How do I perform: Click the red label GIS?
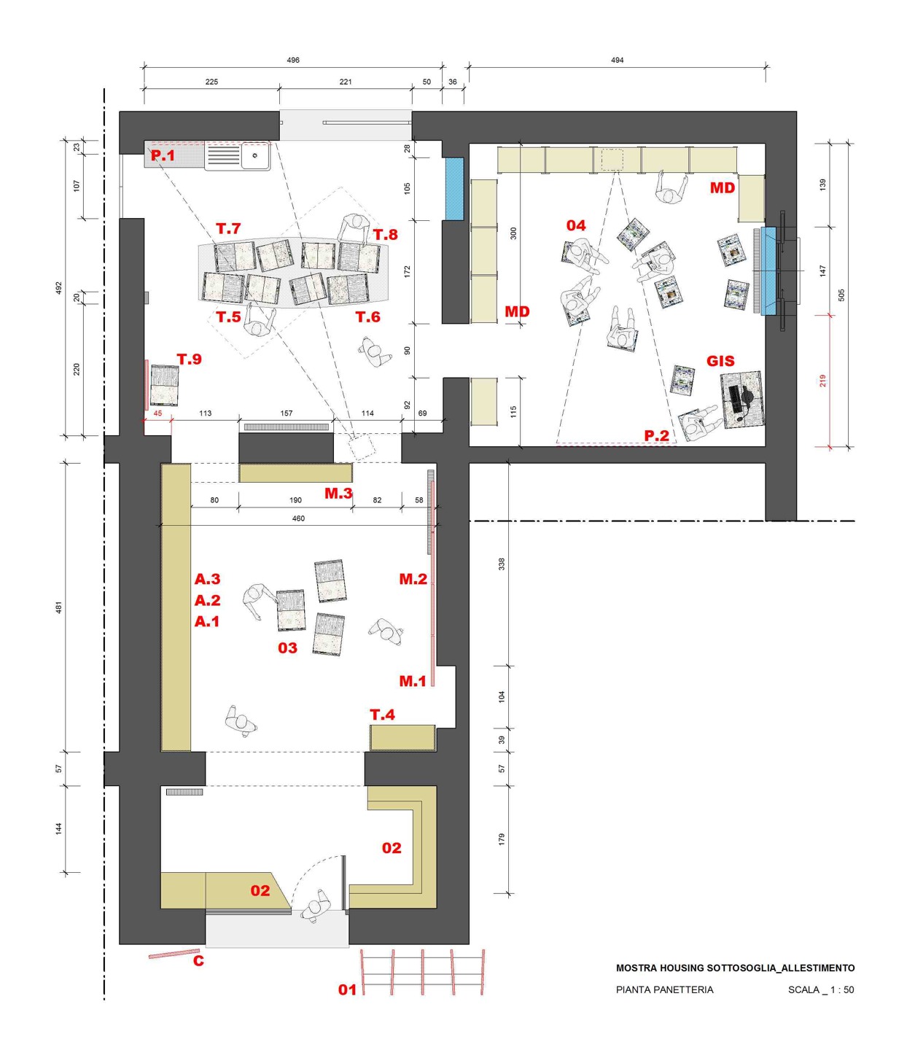click(720, 361)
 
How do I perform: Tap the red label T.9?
click(190, 359)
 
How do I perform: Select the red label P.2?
click(657, 436)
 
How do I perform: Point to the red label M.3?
click(338, 493)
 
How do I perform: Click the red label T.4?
click(382, 715)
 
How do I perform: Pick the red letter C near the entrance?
click(198, 961)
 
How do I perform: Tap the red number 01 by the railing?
click(347, 989)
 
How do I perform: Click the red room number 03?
click(287, 648)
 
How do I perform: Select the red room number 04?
click(576, 225)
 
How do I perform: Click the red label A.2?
click(207, 600)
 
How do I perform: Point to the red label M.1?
click(413, 681)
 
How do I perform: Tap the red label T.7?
click(228, 228)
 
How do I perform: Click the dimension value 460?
click(298, 518)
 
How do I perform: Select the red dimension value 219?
click(823, 381)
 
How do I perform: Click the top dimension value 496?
click(293, 60)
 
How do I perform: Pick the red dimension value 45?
click(157, 413)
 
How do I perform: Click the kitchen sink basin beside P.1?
click(256, 155)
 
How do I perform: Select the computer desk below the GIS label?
click(742, 400)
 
